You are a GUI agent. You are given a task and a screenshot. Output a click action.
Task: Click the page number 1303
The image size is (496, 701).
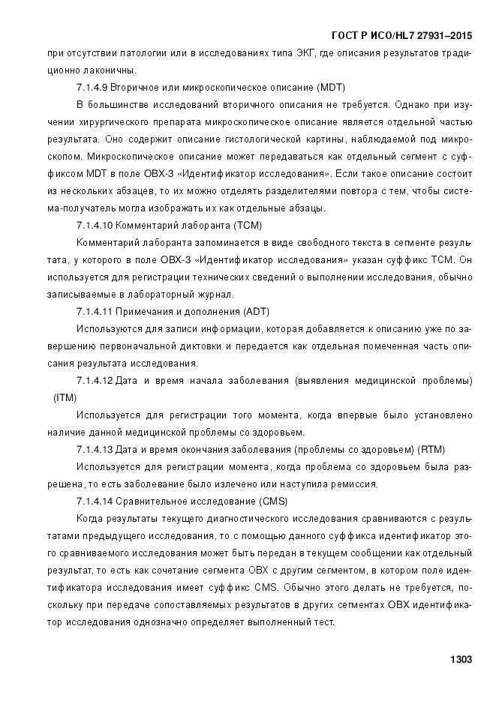click(x=460, y=660)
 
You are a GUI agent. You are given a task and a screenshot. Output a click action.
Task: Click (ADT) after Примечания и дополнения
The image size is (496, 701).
click(x=256, y=310)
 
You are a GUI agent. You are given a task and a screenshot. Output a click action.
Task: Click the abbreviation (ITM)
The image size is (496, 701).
click(x=65, y=397)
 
